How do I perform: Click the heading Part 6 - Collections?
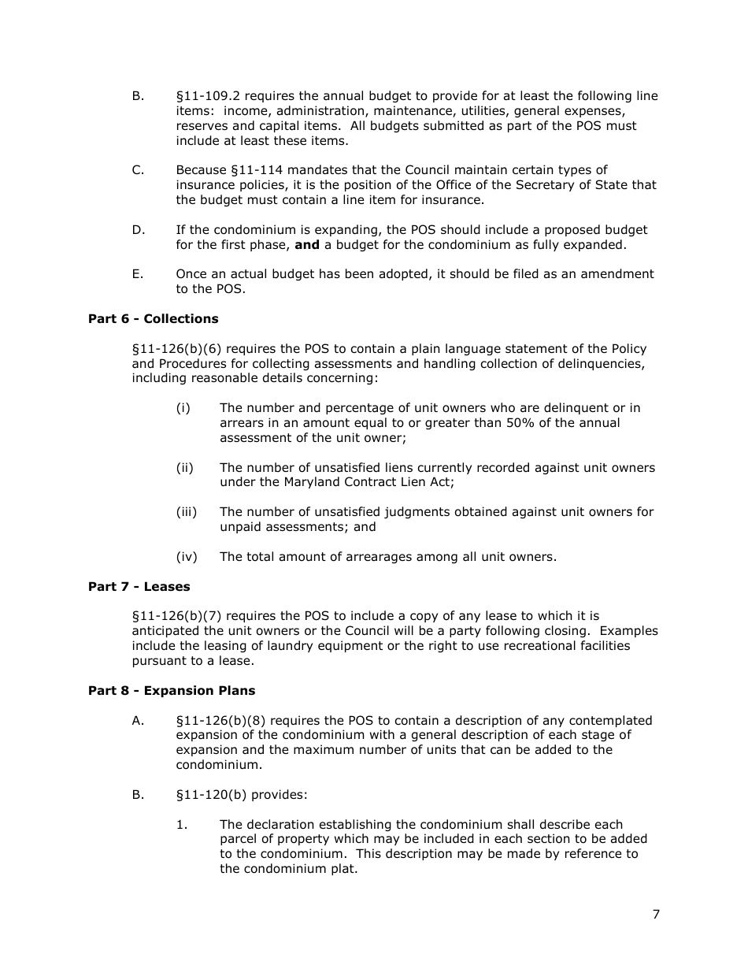(153, 319)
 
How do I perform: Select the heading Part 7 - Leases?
(139, 587)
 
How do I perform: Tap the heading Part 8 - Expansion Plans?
(172, 691)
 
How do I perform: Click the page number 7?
(656, 915)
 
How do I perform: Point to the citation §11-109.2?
(206, 96)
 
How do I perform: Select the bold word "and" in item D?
(306, 245)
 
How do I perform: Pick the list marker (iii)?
(187, 512)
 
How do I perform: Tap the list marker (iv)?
(187, 557)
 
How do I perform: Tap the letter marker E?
(138, 274)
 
